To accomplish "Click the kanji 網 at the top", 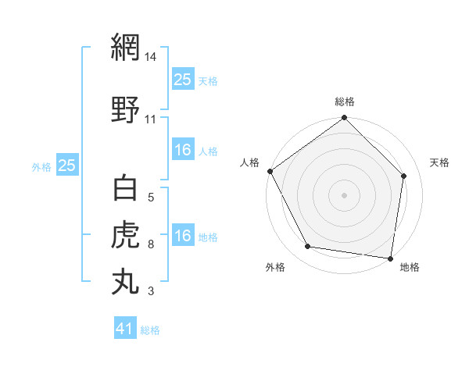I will (x=125, y=49).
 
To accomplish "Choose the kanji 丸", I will (x=125, y=281).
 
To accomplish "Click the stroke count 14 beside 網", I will (x=152, y=57).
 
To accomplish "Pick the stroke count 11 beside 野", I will (x=151, y=119).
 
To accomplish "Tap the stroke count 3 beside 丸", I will (x=151, y=292).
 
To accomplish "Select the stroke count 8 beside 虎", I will (x=151, y=244).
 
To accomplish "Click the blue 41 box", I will (x=125, y=329).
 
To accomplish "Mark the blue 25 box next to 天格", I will (x=183, y=79).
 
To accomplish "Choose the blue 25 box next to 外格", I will (x=66, y=165).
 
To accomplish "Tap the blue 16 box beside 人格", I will (x=183, y=150).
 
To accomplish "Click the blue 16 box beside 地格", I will (x=183, y=236).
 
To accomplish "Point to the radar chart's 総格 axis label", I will (x=345, y=102).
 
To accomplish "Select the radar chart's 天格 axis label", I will (x=439, y=162).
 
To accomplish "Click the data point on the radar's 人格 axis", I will (x=270, y=171).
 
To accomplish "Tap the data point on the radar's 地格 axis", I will (x=390, y=258).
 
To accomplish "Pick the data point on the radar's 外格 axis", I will (x=308, y=247).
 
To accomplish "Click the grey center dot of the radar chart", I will (x=345, y=194).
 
